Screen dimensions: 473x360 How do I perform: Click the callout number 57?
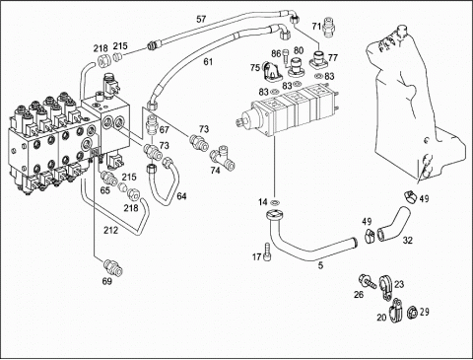click(x=201, y=19)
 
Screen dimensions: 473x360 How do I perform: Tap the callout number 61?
click(x=208, y=61)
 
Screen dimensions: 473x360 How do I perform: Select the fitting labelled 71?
click(x=328, y=26)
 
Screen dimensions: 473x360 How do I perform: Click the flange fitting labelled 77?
click(x=318, y=58)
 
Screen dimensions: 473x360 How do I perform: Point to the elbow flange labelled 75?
click(x=271, y=71)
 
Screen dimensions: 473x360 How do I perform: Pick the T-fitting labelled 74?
click(x=224, y=158)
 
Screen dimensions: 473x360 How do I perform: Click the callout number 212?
click(x=110, y=231)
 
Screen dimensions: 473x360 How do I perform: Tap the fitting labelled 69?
click(x=113, y=268)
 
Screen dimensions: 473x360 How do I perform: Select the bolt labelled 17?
click(x=267, y=252)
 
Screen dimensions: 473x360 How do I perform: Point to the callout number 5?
click(x=321, y=265)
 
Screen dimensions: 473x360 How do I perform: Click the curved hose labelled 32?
click(x=393, y=224)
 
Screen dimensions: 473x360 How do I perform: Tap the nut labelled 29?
click(x=412, y=312)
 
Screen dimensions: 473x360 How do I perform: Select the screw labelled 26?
click(x=368, y=281)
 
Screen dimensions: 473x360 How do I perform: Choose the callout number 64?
click(x=181, y=196)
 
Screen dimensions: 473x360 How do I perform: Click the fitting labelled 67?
click(x=151, y=124)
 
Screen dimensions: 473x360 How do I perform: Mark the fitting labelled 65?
click(x=109, y=178)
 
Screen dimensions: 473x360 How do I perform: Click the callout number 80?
click(x=299, y=50)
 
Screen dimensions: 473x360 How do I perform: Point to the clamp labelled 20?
click(x=394, y=311)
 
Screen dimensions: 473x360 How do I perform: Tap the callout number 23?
click(x=399, y=284)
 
